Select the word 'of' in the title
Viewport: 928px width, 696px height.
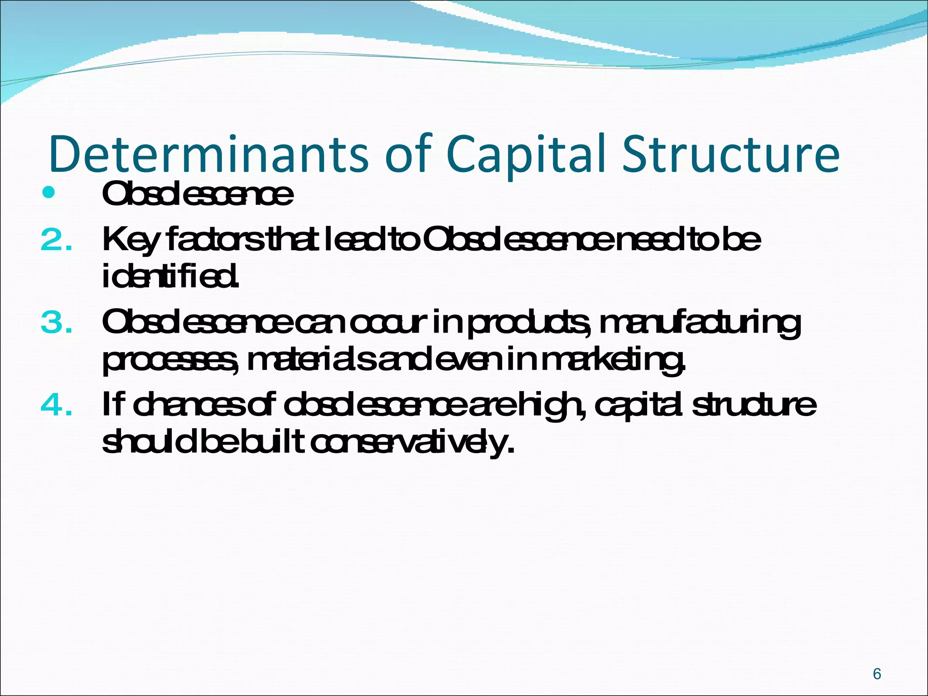click(x=406, y=154)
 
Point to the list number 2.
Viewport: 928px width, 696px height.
click(x=56, y=241)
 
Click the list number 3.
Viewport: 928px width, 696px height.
click(x=56, y=323)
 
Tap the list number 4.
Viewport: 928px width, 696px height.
click(x=56, y=405)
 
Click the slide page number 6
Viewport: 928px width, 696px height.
click(x=877, y=674)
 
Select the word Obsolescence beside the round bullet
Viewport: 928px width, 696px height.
click(x=198, y=194)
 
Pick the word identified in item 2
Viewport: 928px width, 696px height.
click(x=170, y=277)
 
